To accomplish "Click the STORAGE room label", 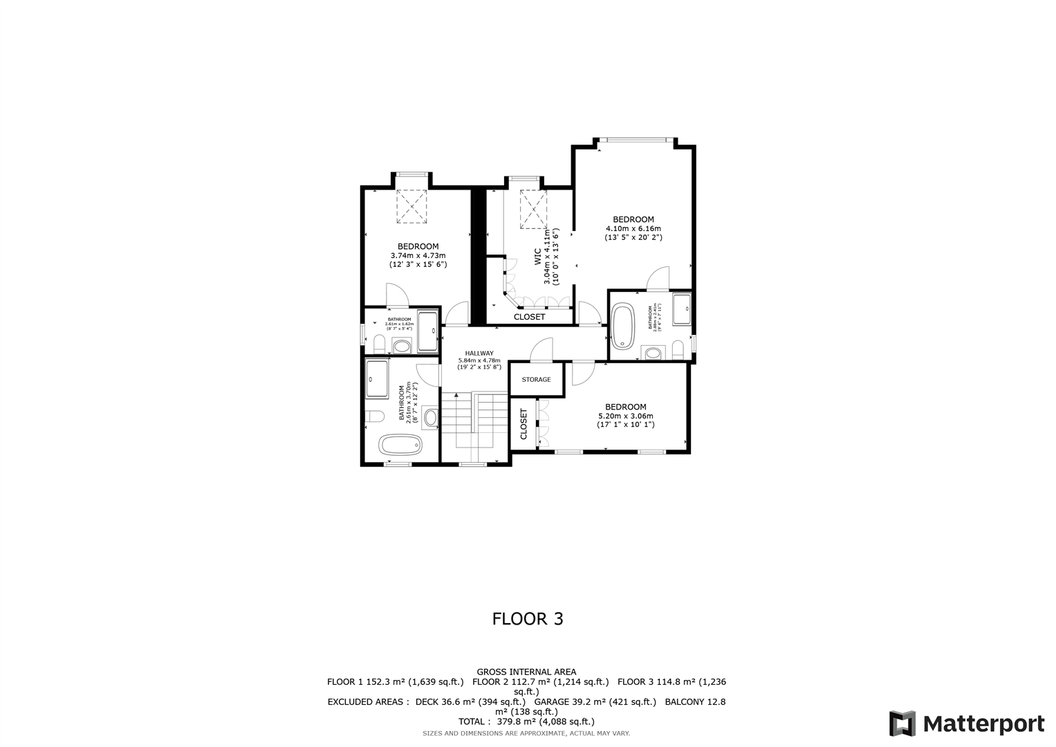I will (536, 380).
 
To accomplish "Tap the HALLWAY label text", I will (479, 353).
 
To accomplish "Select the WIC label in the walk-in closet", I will (537, 258).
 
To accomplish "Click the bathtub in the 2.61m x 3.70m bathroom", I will (402, 445).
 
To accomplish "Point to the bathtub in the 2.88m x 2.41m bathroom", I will (623, 326).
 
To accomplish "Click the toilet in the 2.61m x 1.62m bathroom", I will (379, 343).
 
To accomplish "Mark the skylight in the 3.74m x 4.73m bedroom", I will (413, 206).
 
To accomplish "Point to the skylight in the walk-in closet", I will (534, 209).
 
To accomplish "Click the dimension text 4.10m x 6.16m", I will (633, 228).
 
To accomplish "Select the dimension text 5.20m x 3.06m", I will (626, 416).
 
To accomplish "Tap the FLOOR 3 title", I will (528, 618).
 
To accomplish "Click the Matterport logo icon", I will (902, 723).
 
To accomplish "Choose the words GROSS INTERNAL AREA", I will (526, 672).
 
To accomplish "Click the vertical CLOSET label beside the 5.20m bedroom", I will (524, 424).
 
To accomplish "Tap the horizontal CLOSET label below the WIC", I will (529, 317).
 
